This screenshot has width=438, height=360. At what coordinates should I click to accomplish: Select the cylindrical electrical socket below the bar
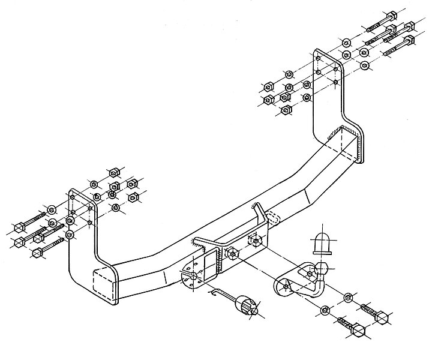point(246,305)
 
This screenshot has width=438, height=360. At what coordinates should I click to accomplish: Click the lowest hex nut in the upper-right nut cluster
point(287,110)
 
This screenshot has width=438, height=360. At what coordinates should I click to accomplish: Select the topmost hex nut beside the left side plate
point(112,170)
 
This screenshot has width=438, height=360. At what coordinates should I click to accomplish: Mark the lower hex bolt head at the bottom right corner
point(358,331)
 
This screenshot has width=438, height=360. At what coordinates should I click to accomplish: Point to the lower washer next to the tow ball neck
point(325,310)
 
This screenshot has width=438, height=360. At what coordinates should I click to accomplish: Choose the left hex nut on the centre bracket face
point(232,253)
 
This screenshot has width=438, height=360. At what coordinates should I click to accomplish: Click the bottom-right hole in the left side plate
point(91,223)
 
